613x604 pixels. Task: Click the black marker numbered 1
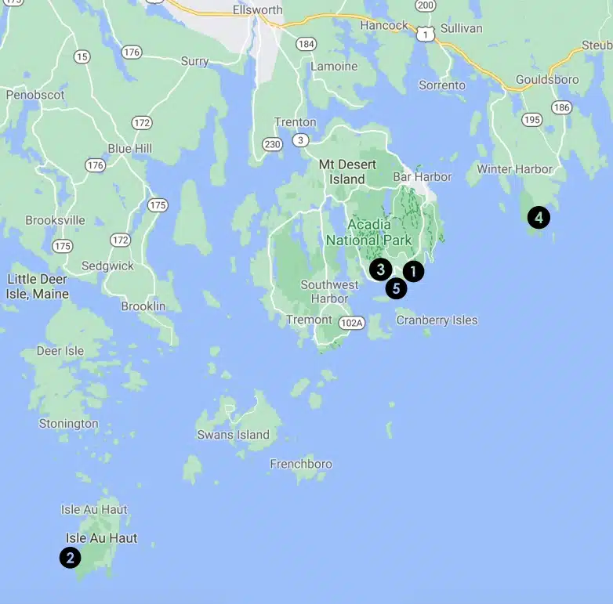pos(413,271)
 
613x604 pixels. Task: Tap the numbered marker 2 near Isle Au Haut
pos(71,557)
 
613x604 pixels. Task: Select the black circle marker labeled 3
pos(380,269)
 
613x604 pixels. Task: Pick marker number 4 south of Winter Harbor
pos(539,217)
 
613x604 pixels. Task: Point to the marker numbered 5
pos(397,289)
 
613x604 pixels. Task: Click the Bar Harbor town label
pos(422,177)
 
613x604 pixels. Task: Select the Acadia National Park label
pos(368,233)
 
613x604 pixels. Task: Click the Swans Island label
pos(233,435)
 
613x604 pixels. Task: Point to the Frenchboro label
pos(301,464)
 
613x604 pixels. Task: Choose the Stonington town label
pos(69,424)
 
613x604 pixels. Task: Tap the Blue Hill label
pos(130,149)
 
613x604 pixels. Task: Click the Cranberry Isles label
pos(437,320)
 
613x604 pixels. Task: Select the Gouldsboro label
pos(547,80)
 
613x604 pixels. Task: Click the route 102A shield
pos(353,323)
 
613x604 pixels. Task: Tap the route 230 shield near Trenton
pos(273,144)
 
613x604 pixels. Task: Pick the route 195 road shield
pos(532,120)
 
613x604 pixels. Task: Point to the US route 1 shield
pos(426,34)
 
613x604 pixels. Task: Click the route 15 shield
pos(82,56)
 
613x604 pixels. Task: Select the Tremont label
pos(303,320)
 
